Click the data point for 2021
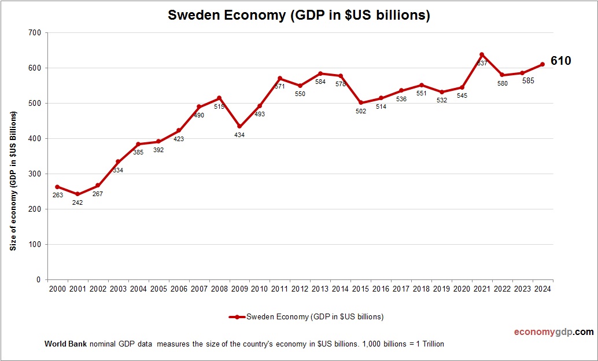(x=482, y=55)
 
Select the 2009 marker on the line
(x=239, y=127)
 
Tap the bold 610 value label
(x=560, y=61)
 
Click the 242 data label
(x=77, y=202)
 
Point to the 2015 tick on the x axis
(x=360, y=289)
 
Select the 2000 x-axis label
(x=57, y=289)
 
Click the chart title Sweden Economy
(x=298, y=16)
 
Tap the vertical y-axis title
(x=13, y=181)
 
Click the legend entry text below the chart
(x=315, y=316)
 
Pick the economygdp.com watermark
(x=553, y=332)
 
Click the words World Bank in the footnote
(x=65, y=344)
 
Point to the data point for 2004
(x=138, y=144)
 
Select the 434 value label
(x=239, y=135)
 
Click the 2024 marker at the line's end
(x=542, y=64)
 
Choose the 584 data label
(x=320, y=82)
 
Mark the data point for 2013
(x=320, y=73)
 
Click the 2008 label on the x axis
(x=219, y=289)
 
